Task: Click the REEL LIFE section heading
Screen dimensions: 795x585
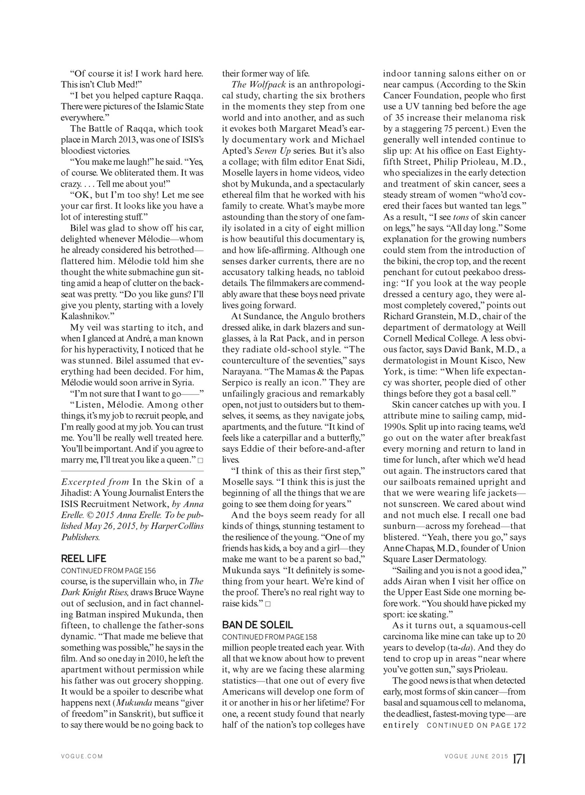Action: [x=84, y=559]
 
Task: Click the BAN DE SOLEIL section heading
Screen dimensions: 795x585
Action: [x=257, y=625]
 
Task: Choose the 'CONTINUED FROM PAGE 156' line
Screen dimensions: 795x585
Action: [x=108, y=570]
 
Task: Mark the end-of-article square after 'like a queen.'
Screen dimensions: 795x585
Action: [x=200, y=460]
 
